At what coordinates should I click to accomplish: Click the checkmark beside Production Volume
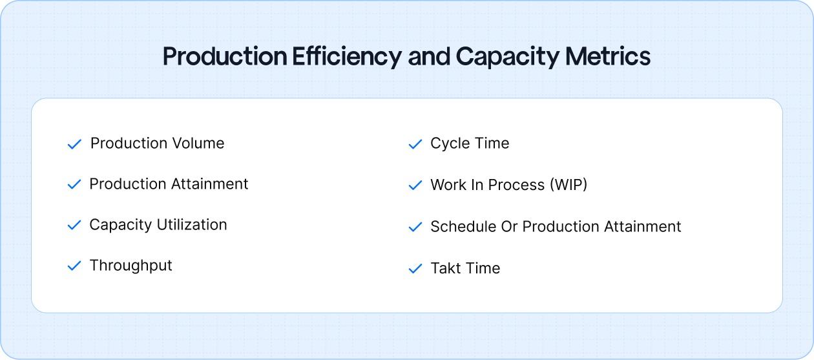[74, 144]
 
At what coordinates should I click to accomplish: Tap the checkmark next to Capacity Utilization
[74, 226]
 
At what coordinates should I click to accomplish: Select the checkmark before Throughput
[74, 266]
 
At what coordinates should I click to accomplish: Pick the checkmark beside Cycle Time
[415, 144]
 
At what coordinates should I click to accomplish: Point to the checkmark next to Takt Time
[415, 269]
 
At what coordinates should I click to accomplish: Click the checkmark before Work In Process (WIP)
[415, 185]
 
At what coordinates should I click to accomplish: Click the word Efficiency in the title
[346, 57]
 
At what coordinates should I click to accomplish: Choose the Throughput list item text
[131, 266]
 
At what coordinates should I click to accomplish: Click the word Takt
[446, 268]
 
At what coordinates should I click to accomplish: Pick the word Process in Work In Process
[510, 185]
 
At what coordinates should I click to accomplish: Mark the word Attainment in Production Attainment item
[209, 184]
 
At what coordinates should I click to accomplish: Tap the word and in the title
[430, 57]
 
